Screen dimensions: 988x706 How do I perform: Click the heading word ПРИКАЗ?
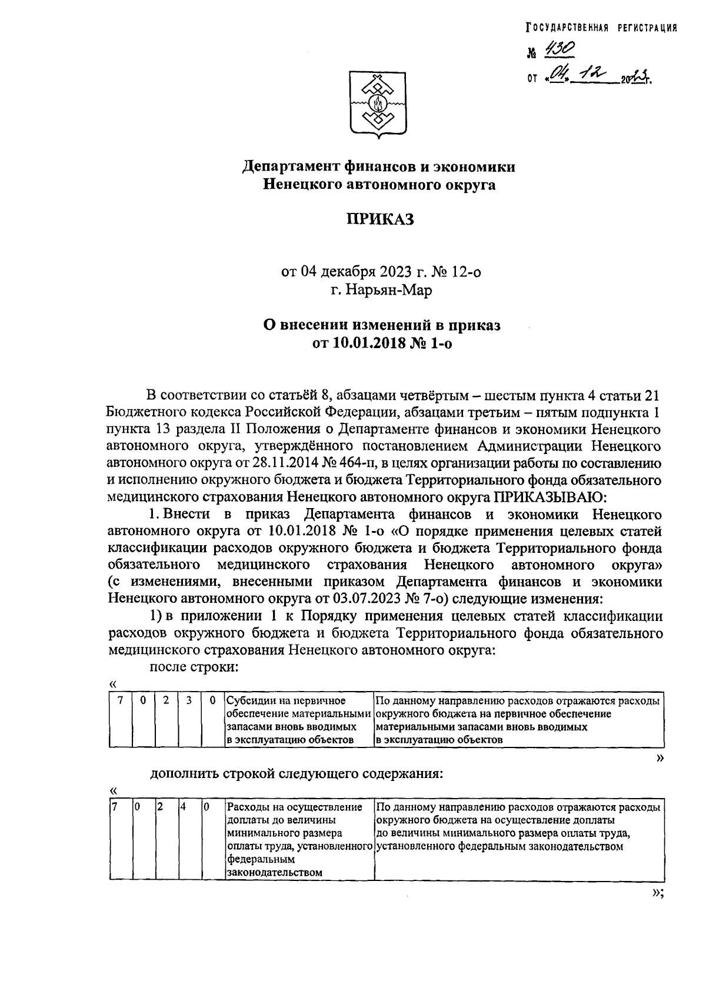point(379,220)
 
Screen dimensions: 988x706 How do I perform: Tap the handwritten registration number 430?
point(554,51)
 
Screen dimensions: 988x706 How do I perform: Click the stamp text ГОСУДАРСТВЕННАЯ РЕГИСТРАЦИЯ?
point(601,28)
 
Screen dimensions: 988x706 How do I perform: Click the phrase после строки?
point(194,667)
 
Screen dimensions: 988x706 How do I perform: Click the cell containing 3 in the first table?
point(189,701)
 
